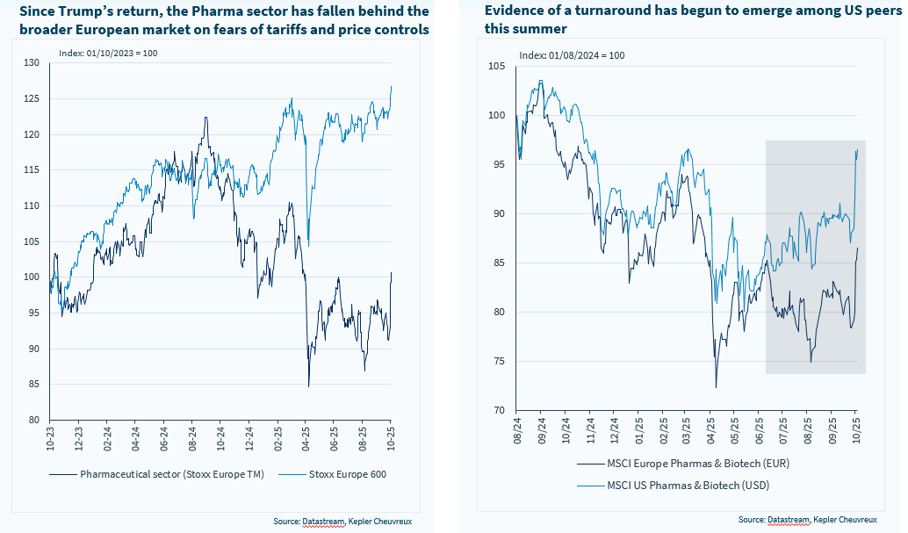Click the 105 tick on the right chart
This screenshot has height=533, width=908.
tap(496, 67)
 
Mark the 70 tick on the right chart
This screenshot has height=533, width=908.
tap(499, 410)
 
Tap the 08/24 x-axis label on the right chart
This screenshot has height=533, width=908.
tap(515, 429)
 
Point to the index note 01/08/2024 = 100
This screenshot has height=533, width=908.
tap(572, 55)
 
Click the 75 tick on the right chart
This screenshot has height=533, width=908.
tap(499, 361)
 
